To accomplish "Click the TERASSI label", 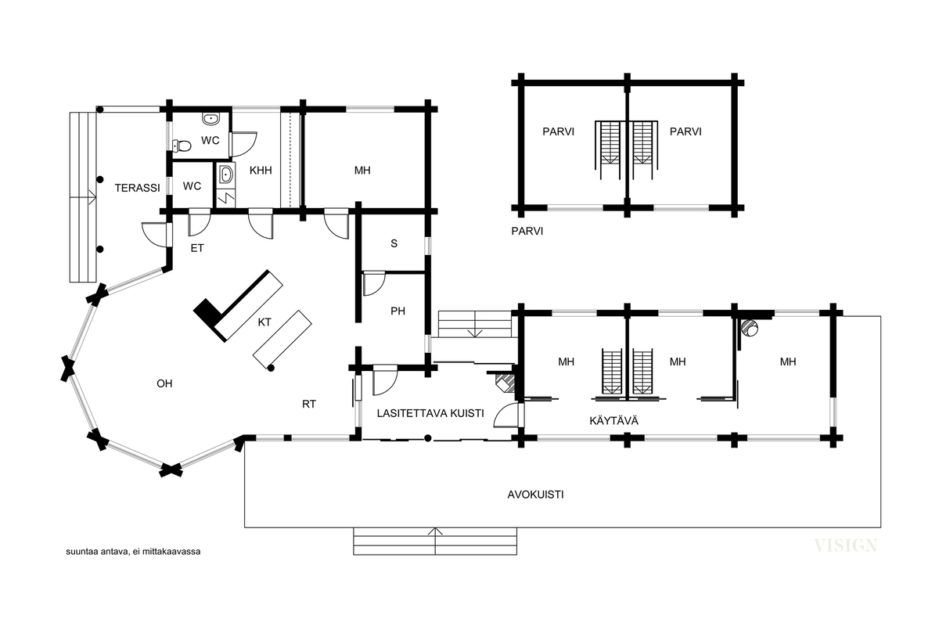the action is (x=137, y=188).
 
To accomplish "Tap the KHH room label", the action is (x=261, y=171).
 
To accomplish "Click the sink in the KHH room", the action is (x=226, y=174).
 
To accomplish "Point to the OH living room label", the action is (x=164, y=383).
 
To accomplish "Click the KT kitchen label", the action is (x=264, y=322).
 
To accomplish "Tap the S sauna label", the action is (x=394, y=243).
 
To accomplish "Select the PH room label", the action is (x=398, y=311).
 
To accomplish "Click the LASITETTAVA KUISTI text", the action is (x=430, y=413).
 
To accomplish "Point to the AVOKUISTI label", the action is (x=535, y=495).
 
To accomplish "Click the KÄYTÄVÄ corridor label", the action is (x=613, y=420).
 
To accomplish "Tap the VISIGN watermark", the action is (x=845, y=545).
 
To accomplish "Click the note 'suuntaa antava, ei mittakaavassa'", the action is (x=133, y=552).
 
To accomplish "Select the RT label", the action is (x=309, y=405).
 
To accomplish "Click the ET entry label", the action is (x=197, y=248).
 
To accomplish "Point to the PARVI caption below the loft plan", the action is (x=527, y=231).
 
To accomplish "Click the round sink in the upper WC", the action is (x=210, y=119).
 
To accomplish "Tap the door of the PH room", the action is (x=374, y=284).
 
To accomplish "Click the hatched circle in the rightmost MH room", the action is (x=749, y=327).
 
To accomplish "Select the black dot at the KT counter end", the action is (x=272, y=368).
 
